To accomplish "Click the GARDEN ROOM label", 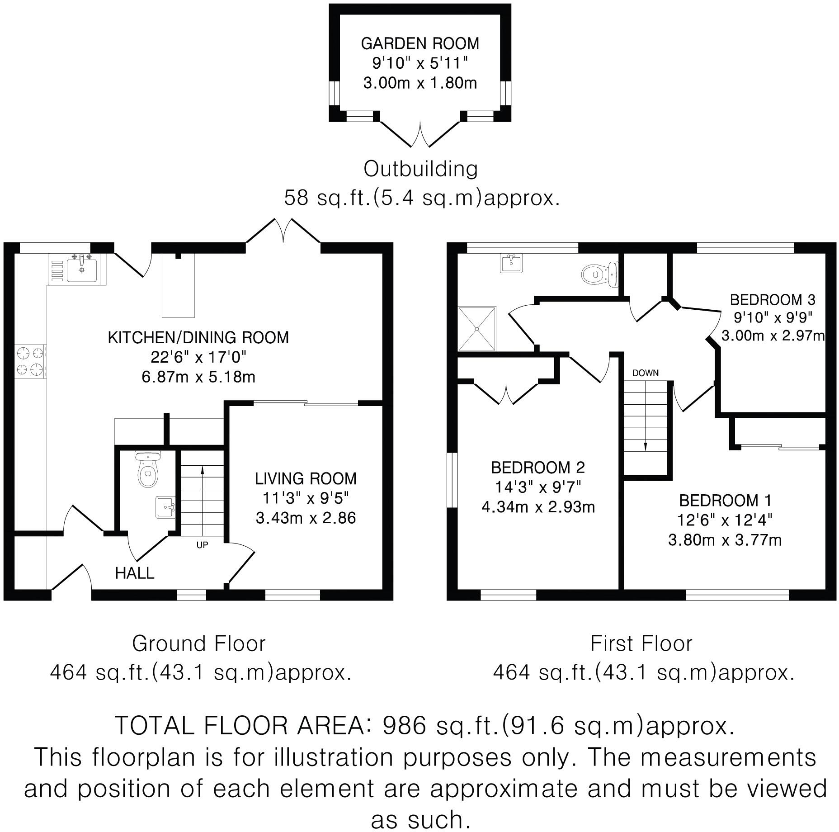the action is tap(419, 43).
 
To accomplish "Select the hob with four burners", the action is tap(30, 361).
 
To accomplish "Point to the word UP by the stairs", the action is tap(202, 545).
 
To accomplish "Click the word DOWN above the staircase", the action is tap(645, 373).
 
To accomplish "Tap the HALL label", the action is tap(134, 573).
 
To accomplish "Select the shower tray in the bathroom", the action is tap(477, 329).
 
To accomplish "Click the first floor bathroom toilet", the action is tap(599, 274).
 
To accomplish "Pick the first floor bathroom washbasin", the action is tap(511, 263).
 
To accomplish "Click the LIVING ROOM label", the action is tap(306, 478).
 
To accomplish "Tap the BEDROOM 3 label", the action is tap(773, 299).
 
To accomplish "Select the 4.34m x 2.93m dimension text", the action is tap(538, 507).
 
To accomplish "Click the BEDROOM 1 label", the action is tap(725, 501).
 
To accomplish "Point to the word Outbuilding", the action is tap(420, 169).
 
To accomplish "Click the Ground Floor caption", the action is tap(198, 643).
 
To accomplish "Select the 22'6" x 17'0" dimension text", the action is tap(198, 357).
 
